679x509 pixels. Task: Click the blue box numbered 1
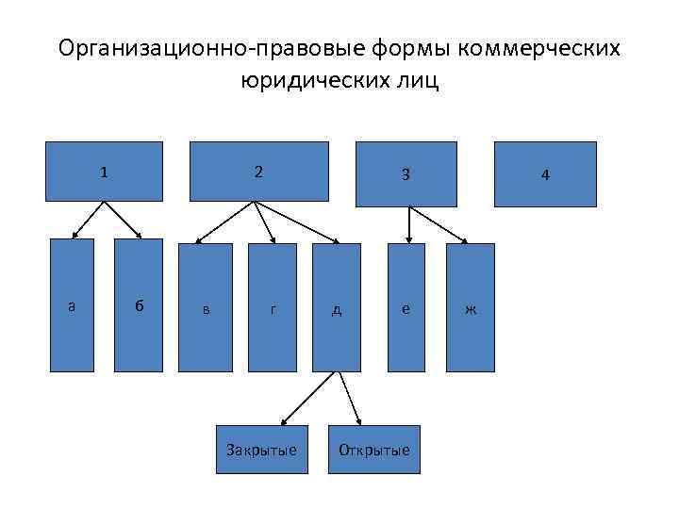[x=104, y=172]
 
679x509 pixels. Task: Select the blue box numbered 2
[x=258, y=172]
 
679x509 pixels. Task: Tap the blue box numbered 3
[x=406, y=173]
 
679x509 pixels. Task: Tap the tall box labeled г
[x=272, y=307]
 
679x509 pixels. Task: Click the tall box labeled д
[x=337, y=307]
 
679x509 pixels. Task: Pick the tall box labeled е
[x=406, y=307]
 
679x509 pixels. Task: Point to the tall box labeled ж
[x=470, y=307]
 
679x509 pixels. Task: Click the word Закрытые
[x=261, y=450]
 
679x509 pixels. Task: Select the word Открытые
[x=374, y=450]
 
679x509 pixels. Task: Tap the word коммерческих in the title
[x=541, y=48]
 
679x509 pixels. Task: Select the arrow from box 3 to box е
[x=407, y=224]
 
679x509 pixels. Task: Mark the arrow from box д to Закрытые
[x=309, y=395]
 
